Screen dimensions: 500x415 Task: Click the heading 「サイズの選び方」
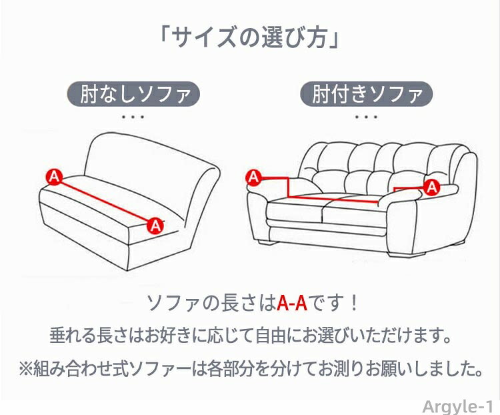click(x=249, y=37)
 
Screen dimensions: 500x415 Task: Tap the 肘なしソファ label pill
click(x=133, y=94)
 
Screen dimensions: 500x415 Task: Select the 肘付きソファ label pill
click(x=367, y=94)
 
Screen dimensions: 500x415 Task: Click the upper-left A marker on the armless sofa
click(x=54, y=177)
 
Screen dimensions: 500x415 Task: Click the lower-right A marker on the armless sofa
click(x=155, y=226)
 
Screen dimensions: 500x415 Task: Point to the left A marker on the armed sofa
click(x=254, y=177)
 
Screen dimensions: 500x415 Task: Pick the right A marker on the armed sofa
click(x=432, y=187)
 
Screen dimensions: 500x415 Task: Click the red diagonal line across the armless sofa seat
click(x=105, y=201)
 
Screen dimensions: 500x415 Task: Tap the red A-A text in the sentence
click(x=292, y=303)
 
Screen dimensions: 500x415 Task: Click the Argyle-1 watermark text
click(x=458, y=407)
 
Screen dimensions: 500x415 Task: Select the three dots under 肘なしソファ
click(x=133, y=117)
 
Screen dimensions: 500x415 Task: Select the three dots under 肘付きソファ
click(x=367, y=117)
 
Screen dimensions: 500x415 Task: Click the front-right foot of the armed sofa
click(x=407, y=254)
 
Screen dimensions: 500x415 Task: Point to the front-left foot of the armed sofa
click(x=267, y=242)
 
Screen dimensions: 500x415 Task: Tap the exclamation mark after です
click(x=353, y=304)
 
